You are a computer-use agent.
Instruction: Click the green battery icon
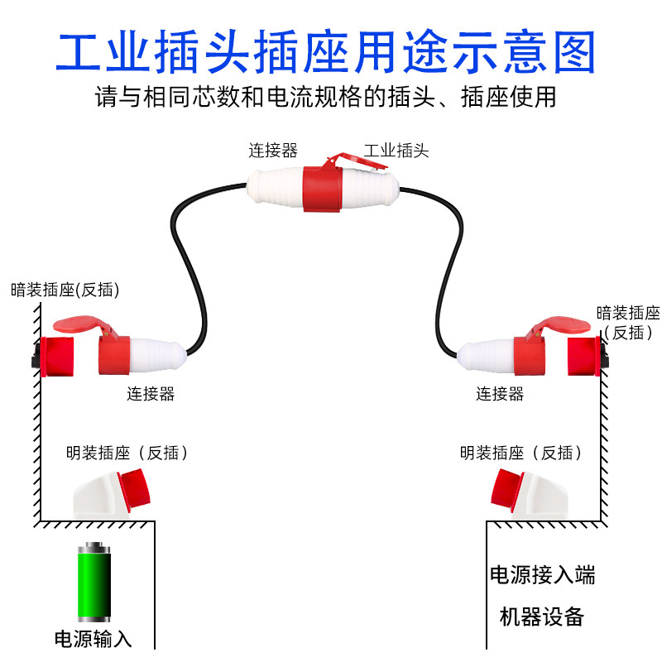pyautogui.click(x=94, y=582)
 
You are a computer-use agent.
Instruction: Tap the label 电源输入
pyautogui.click(x=94, y=639)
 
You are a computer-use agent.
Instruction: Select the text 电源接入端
pyautogui.click(x=543, y=575)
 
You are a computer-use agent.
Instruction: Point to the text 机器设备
pyautogui.click(x=542, y=616)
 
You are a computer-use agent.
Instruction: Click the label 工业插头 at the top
pyautogui.click(x=396, y=151)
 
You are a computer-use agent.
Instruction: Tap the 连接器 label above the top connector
pyautogui.click(x=273, y=151)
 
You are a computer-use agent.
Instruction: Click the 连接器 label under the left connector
pyautogui.click(x=151, y=394)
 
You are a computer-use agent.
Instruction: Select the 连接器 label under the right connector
pyautogui.click(x=500, y=394)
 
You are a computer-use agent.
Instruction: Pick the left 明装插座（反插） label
pyautogui.click(x=127, y=453)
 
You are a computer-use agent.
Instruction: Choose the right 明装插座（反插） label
pyautogui.click(x=521, y=453)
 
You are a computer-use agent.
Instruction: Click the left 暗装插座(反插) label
pyautogui.click(x=65, y=290)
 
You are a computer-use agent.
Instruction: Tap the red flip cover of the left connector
pyautogui.click(x=79, y=324)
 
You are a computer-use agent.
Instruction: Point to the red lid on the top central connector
pyautogui.click(x=357, y=161)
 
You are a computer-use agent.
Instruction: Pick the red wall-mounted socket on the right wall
pyautogui.click(x=584, y=357)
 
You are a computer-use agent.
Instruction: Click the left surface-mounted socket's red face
pyautogui.click(x=135, y=490)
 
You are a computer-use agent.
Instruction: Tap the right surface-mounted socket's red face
pyautogui.click(x=507, y=490)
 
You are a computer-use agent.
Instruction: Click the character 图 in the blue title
pyautogui.click(x=574, y=52)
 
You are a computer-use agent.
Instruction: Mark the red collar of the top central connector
pyautogui.click(x=323, y=189)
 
